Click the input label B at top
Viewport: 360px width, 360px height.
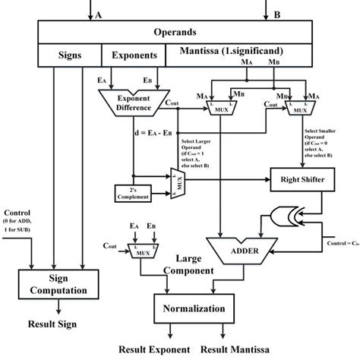pos(277,14)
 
